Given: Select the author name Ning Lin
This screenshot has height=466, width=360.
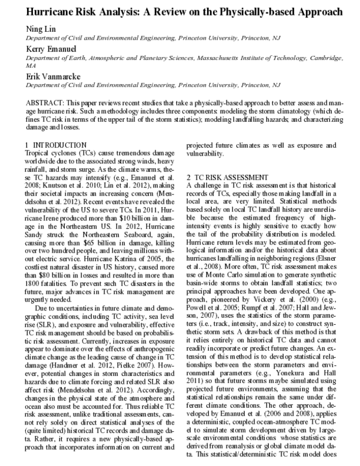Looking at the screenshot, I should point(40,29).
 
